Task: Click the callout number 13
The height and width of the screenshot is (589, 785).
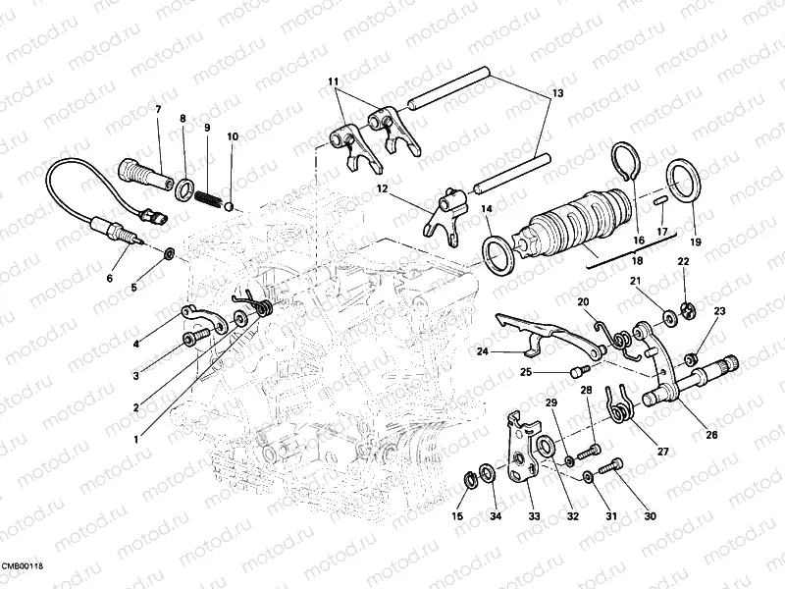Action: pyautogui.click(x=557, y=93)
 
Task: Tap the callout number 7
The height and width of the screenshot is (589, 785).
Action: pyautogui.click(x=158, y=110)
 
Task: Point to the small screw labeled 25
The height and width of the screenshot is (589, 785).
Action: pyautogui.click(x=578, y=371)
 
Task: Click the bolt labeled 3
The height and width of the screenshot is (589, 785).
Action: pyautogui.click(x=195, y=338)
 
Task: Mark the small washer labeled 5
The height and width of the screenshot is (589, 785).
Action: pyautogui.click(x=169, y=254)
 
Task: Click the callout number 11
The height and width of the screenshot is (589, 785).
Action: pyautogui.click(x=334, y=80)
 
